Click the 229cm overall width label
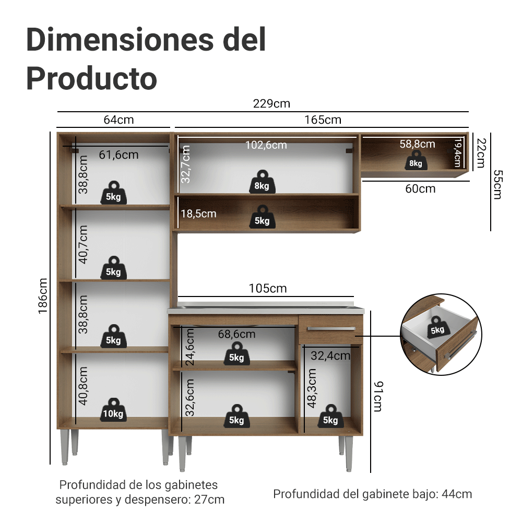pyautogui.click(x=271, y=103)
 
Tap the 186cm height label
pyautogui.click(x=43, y=296)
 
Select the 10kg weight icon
pyautogui.click(x=113, y=410)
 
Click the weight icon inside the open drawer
pyautogui.click(x=438, y=328)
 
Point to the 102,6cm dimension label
pyautogui.click(x=266, y=145)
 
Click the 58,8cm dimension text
pyautogui.click(x=417, y=144)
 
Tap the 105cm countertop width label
pyautogui.click(x=268, y=288)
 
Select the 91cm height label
pyautogui.click(x=378, y=397)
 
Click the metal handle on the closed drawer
pyautogui.click(x=331, y=329)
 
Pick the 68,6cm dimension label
pyautogui.click(x=236, y=334)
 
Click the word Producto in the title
pyautogui.click(x=91, y=79)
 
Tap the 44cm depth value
pyautogui.click(x=457, y=494)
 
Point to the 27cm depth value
pyautogui.click(x=209, y=500)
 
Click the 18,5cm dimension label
pyautogui.click(x=198, y=213)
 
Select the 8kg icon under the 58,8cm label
pyautogui.click(x=416, y=160)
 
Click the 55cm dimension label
pyautogui.click(x=497, y=184)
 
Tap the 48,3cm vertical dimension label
pyautogui.click(x=312, y=388)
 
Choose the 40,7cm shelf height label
pyautogui.click(x=83, y=245)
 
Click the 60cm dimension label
pyautogui.click(x=420, y=189)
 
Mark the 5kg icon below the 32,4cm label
pyautogui.click(x=330, y=416)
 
